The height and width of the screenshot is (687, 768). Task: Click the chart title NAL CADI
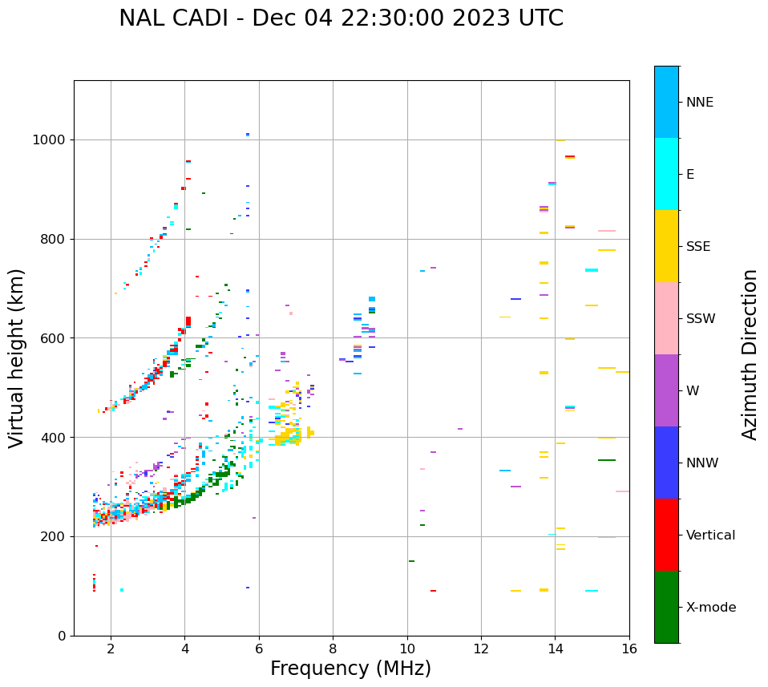(341, 18)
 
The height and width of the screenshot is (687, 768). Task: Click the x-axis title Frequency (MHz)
(350, 669)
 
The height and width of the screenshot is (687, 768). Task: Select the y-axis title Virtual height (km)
(17, 358)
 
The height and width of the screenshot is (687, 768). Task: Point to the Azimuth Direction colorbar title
(750, 354)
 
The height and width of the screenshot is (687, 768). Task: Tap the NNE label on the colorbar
(699, 103)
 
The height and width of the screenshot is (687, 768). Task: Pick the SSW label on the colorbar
(701, 319)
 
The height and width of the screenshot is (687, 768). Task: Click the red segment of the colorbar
(666, 535)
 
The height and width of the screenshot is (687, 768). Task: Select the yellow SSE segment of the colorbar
(666, 246)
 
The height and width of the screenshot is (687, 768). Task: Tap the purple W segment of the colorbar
(666, 390)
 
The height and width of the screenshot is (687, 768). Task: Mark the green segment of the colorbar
(666, 607)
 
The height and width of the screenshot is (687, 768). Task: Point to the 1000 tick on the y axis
(51, 139)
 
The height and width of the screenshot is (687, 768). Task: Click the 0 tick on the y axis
(62, 636)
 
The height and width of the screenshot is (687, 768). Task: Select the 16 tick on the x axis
(629, 649)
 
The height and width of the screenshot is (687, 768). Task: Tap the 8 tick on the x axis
(333, 649)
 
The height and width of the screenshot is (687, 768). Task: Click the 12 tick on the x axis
(481, 649)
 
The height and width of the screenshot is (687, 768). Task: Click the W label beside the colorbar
(692, 391)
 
